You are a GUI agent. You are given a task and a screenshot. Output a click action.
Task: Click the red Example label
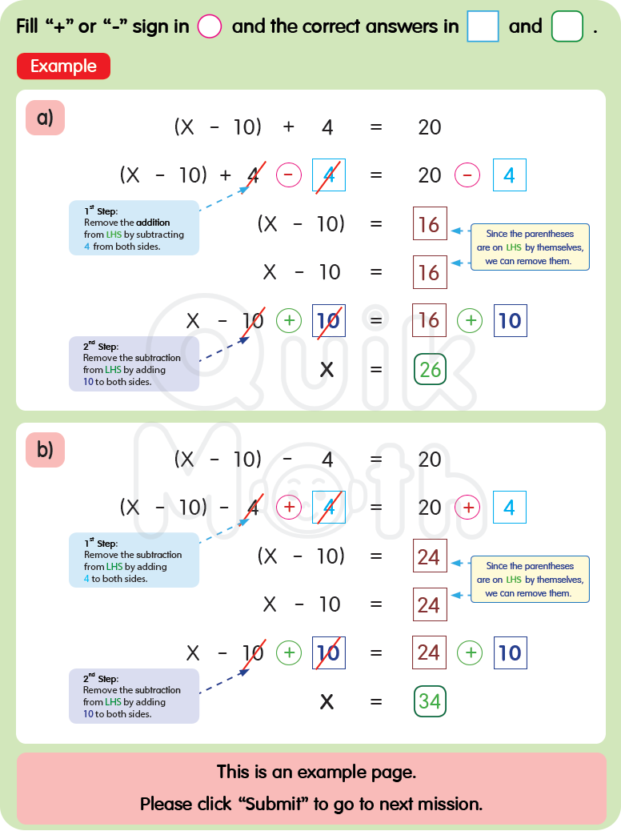tap(63, 66)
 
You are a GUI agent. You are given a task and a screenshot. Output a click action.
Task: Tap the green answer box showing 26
tap(430, 369)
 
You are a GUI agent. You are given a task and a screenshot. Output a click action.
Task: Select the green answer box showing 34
tap(430, 701)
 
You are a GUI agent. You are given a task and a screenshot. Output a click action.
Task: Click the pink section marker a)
tap(45, 118)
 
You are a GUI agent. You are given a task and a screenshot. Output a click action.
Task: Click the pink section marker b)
tap(45, 450)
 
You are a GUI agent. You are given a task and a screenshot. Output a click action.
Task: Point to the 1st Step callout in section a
tap(134, 228)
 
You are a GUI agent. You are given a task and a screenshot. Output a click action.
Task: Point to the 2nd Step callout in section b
tap(134, 696)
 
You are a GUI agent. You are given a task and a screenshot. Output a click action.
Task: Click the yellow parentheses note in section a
tap(530, 247)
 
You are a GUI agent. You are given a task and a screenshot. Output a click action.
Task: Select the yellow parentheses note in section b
tap(530, 580)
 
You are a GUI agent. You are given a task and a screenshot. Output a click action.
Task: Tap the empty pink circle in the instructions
tap(209, 26)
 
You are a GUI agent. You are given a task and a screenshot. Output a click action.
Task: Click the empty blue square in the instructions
tap(483, 26)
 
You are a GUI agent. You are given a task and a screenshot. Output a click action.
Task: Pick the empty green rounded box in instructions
tap(567, 26)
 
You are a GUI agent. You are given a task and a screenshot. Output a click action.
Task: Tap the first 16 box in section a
tap(430, 224)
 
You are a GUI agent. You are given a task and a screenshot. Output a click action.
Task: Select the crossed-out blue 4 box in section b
tap(328, 508)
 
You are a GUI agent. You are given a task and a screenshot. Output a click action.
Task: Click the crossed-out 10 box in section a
tap(328, 321)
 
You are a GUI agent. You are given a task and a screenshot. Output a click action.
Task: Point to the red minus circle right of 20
tap(467, 175)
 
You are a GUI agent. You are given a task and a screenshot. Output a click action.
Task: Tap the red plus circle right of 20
tap(467, 508)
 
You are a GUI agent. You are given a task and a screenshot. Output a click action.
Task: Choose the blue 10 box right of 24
tap(510, 653)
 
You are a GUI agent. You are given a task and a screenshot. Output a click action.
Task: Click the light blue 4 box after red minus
tap(510, 175)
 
